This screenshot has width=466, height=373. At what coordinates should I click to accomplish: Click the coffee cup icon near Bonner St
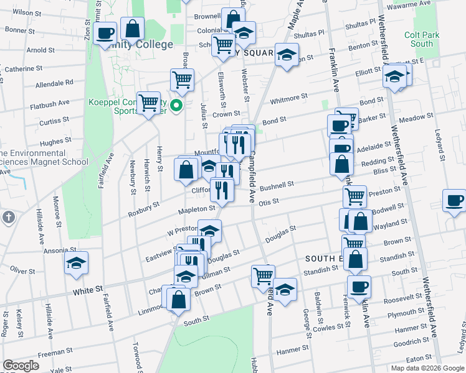click(105, 32)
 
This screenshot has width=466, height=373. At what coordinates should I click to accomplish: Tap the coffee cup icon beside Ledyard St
click(454, 201)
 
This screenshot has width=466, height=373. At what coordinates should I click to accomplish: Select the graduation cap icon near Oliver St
click(77, 264)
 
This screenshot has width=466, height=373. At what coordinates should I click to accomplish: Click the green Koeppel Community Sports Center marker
click(176, 105)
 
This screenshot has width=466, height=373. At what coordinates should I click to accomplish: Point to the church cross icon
click(8, 218)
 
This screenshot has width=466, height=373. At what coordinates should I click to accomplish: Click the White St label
click(87, 290)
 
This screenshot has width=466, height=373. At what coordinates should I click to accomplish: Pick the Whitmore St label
click(288, 97)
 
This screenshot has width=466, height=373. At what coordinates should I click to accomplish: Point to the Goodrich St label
click(408, 342)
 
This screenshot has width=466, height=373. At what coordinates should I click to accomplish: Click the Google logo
click(21, 366)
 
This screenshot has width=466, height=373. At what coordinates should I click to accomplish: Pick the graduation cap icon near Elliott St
click(394, 76)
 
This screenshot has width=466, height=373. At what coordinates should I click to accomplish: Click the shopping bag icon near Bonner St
click(133, 28)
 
